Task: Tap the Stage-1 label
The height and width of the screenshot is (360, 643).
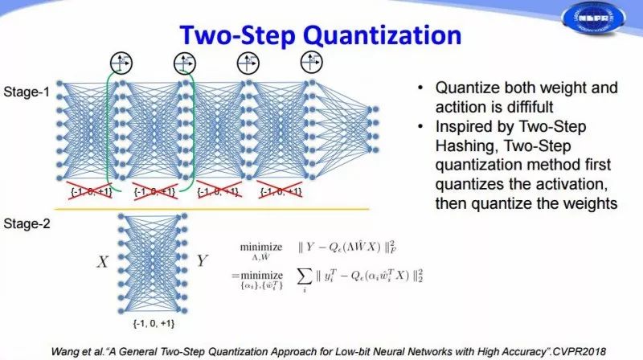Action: (26, 92)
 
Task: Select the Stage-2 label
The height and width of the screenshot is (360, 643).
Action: (26, 222)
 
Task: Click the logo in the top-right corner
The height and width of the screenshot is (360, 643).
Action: (598, 23)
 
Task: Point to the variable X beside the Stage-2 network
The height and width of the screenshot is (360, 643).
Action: (103, 261)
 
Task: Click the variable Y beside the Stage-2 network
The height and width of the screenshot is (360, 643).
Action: (203, 261)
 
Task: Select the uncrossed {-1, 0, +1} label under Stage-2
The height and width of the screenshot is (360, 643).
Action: (153, 323)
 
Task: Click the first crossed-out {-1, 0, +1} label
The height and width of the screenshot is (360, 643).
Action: (89, 191)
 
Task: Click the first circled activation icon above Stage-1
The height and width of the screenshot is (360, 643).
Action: (121, 61)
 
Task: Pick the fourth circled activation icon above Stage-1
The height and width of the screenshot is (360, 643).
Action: (310, 61)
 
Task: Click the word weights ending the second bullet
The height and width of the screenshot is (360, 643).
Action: (589, 203)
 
